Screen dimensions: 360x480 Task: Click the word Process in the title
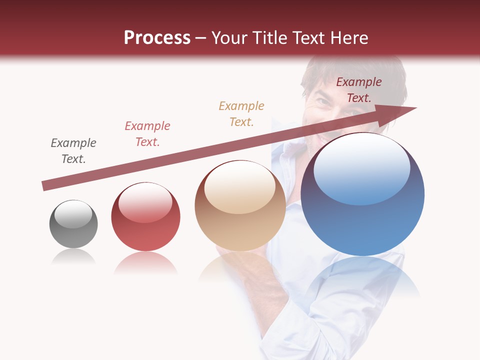click(157, 38)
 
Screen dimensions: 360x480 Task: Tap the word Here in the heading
click(348, 38)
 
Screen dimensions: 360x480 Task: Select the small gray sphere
click(73, 224)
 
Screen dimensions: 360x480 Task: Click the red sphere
click(145, 216)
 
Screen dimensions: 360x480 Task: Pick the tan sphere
click(240, 205)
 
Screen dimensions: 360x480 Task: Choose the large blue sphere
click(362, 194)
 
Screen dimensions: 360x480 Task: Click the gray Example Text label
click(73, 151)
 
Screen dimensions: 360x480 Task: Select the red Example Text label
click(147, 134)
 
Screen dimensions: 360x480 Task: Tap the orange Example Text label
click(241, 114)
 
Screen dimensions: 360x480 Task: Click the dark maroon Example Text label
click(359, 90)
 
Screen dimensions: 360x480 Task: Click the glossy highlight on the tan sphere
click(239, 186)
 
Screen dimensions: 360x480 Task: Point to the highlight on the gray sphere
click(73, 214)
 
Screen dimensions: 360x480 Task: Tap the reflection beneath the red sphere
click(145, 262)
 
